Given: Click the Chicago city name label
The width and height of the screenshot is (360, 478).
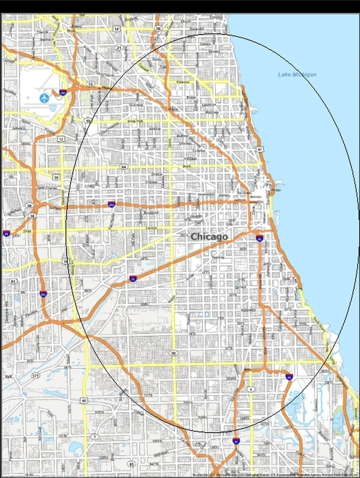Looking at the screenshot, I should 209,236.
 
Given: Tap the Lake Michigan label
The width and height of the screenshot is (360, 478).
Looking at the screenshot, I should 297,74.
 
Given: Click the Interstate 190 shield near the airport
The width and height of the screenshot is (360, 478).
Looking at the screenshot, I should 63,92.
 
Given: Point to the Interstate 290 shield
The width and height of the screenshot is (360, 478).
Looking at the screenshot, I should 112,205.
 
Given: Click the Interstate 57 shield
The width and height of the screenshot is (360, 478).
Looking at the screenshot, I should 236,442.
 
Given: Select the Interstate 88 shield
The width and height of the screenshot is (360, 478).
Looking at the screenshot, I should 6,234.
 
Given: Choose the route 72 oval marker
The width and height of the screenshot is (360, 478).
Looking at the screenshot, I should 90,84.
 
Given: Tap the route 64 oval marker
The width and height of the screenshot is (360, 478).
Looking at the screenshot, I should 124,167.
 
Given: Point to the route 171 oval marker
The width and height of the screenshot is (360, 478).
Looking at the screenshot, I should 35,376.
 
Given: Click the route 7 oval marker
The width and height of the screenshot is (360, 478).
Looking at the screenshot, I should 95,437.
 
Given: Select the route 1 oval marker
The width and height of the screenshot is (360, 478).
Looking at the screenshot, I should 251,389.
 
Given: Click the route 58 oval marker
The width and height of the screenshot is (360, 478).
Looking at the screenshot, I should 158,29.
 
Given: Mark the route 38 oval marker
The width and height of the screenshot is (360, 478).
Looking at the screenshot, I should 32,216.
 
